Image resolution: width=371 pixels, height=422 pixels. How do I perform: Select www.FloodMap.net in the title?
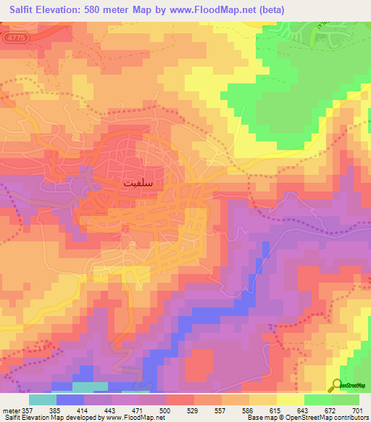[x=217, y=9]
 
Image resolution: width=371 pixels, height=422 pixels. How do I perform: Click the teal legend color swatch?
[x=43, y=400]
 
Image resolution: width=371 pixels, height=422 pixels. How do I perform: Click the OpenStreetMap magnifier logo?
[x=338, y=384]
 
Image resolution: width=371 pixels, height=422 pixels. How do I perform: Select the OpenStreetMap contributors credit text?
[x=319, y=418]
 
